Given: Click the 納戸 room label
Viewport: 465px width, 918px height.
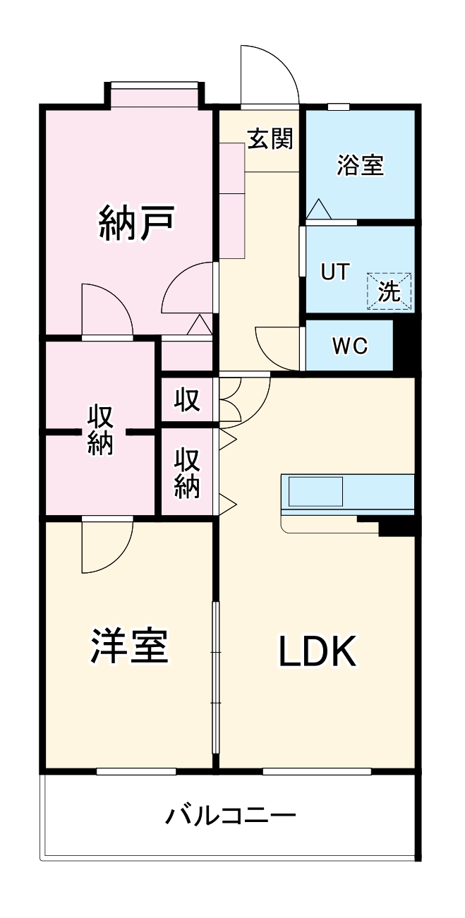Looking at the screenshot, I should [x=135, y=223].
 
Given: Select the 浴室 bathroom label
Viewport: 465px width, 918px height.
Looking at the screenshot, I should [x=360, y=166].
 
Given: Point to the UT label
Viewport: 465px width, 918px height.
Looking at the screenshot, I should [x=334, y=272].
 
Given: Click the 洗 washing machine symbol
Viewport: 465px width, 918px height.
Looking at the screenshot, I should [x=389, y=291].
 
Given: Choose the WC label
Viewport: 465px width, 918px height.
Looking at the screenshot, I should [x=349, y=346].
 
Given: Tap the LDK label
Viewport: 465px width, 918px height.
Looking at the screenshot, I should [x=316, y=653].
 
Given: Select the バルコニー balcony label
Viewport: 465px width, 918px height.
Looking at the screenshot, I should [x=230, y=816].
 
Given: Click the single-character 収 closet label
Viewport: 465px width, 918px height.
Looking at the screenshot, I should [x=187, y=401].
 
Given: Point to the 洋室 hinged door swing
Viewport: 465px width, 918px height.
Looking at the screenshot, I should [x=106, y=547].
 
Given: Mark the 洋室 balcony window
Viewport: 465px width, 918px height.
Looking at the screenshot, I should [x=135, y=771].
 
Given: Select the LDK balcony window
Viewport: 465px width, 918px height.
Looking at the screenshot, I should [x=317, y=771].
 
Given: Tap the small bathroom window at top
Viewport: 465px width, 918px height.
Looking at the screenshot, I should [x=339, y=107].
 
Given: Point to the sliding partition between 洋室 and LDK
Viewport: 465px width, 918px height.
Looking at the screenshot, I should [x=216, y=677].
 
